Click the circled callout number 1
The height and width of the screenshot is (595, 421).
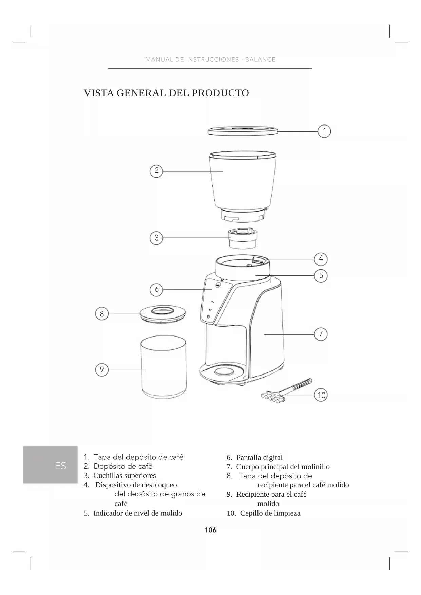pos(324,131)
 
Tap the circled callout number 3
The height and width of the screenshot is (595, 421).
pos(156,238)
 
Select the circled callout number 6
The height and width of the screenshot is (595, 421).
pos(156,289)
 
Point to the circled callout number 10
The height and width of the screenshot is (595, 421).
pos(321,395)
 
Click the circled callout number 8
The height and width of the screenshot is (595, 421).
pos(102,314)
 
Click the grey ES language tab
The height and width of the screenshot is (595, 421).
pos(51,465)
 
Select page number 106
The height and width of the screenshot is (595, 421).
pos(210,530)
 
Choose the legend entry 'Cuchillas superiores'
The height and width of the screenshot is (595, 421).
pos(125,476)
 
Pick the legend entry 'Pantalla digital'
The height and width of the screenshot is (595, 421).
pos(259,457)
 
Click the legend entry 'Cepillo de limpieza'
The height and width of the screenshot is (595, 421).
pos(270,513)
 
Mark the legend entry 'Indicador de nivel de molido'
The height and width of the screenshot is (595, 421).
pos(137,513)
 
